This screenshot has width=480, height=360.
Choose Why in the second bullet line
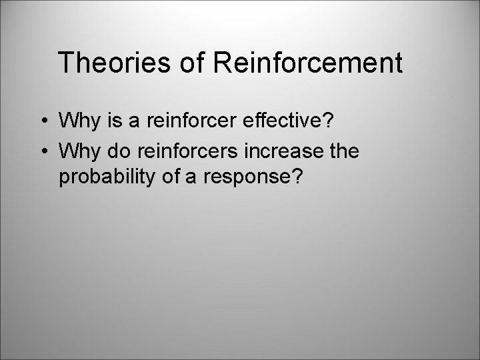tap(76, 152)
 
